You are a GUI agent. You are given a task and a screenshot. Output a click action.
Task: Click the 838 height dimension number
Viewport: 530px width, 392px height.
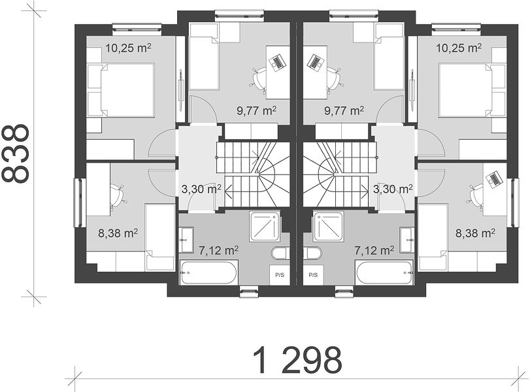click(x=15, y=154)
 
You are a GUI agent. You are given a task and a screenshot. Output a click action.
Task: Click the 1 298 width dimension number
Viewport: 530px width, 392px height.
click(x=297, y=360)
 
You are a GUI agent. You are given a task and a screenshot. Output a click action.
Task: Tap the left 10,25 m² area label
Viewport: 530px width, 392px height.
click(x=128, y=48)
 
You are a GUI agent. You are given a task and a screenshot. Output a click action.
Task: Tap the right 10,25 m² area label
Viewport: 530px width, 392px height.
click(x=459, y=48)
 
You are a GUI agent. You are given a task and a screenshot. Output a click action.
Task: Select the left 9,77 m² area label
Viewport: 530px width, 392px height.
click(x=257, y=110)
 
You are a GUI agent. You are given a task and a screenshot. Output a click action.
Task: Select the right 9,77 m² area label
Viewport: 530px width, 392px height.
click(x=344, y=110)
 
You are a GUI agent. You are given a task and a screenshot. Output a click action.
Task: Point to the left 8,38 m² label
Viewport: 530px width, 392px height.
click(x=118, y=233)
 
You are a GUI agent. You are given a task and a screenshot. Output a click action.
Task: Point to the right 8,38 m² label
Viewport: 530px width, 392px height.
click(x=476, y=233)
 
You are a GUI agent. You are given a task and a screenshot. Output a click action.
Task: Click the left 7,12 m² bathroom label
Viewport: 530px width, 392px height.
click(x=218, y=250)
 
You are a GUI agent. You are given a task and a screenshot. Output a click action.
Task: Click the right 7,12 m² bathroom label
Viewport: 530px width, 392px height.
click(x=374, y=250)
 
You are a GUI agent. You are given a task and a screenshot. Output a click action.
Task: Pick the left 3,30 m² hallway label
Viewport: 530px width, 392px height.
click(x=201, y=189)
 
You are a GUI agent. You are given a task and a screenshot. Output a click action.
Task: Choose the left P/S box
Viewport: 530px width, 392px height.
click(x=280, y=275)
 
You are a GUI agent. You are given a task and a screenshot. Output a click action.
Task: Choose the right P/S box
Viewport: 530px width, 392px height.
click(x=313, y=275)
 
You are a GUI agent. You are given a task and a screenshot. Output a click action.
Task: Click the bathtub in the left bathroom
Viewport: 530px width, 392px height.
click(x=209, y=272)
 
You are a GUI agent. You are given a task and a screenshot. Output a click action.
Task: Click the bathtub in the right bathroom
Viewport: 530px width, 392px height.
click(x=384, y=272)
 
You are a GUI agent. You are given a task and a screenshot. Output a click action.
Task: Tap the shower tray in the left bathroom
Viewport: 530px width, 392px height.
click(x=265, y=226)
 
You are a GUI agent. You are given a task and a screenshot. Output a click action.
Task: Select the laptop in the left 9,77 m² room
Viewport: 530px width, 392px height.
click(x=277, y=63)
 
